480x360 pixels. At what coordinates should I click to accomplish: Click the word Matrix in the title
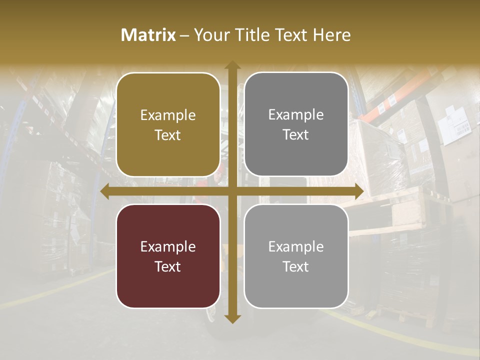pos(148,35)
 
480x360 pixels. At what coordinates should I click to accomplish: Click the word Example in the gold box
pos(168,115)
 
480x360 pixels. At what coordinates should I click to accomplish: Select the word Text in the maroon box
pos(168,266)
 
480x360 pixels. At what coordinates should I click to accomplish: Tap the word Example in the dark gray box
pos(296,115)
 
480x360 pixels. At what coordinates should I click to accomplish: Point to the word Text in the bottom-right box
pos(296,266)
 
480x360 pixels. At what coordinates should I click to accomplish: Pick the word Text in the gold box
pos(168,135)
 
